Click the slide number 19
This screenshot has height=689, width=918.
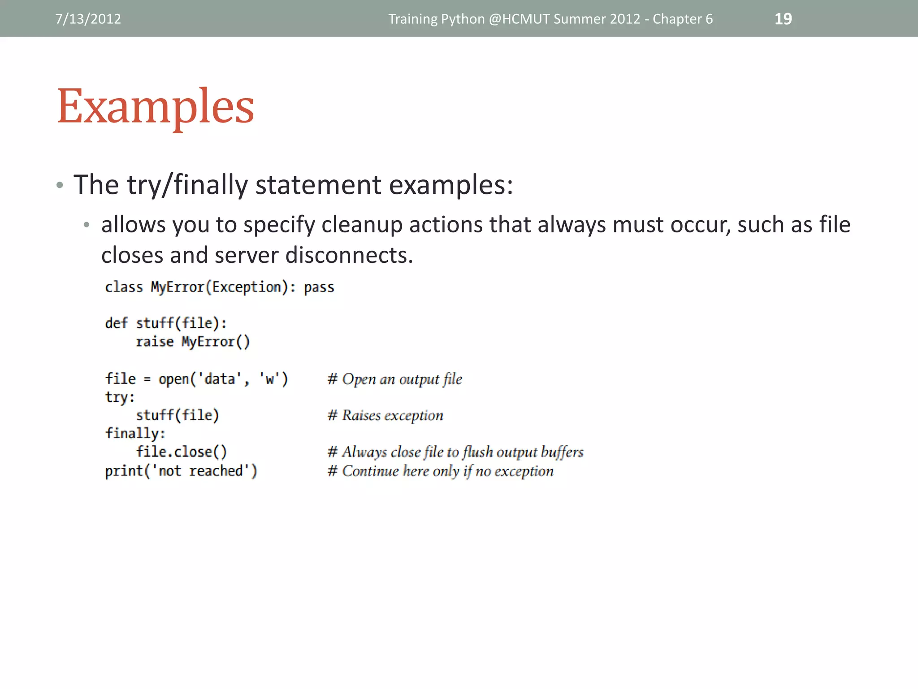pyautogui.click(x=783, y=19)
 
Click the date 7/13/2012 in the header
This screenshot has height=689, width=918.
pyautogui.click(x=88, y=19)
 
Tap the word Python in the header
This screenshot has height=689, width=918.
pyautogui.click(x=463, y=19)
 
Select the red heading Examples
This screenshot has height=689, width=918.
pyautogui.click(x=156, y=106)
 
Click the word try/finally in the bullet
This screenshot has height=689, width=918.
pyautogui.click(x=187, y=184)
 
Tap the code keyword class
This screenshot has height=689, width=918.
pyautogui.click(x=124, y=287)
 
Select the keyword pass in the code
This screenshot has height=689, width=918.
pyautogui.click(x=319, y=287)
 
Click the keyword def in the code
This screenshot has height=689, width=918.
pyautogui.click(x=116, y=323)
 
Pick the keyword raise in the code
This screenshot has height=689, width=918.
pyautogui.click(x=154, y=342)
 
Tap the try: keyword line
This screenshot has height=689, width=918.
pyautogui.click(x=120, y=397)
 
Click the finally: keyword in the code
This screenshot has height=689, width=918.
pyautogui.click(x=135, y=433)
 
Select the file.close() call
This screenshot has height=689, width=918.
pyautogui.click(x=181, y=452)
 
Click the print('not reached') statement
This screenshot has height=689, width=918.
pyautogui.click(x=181, y=471)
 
